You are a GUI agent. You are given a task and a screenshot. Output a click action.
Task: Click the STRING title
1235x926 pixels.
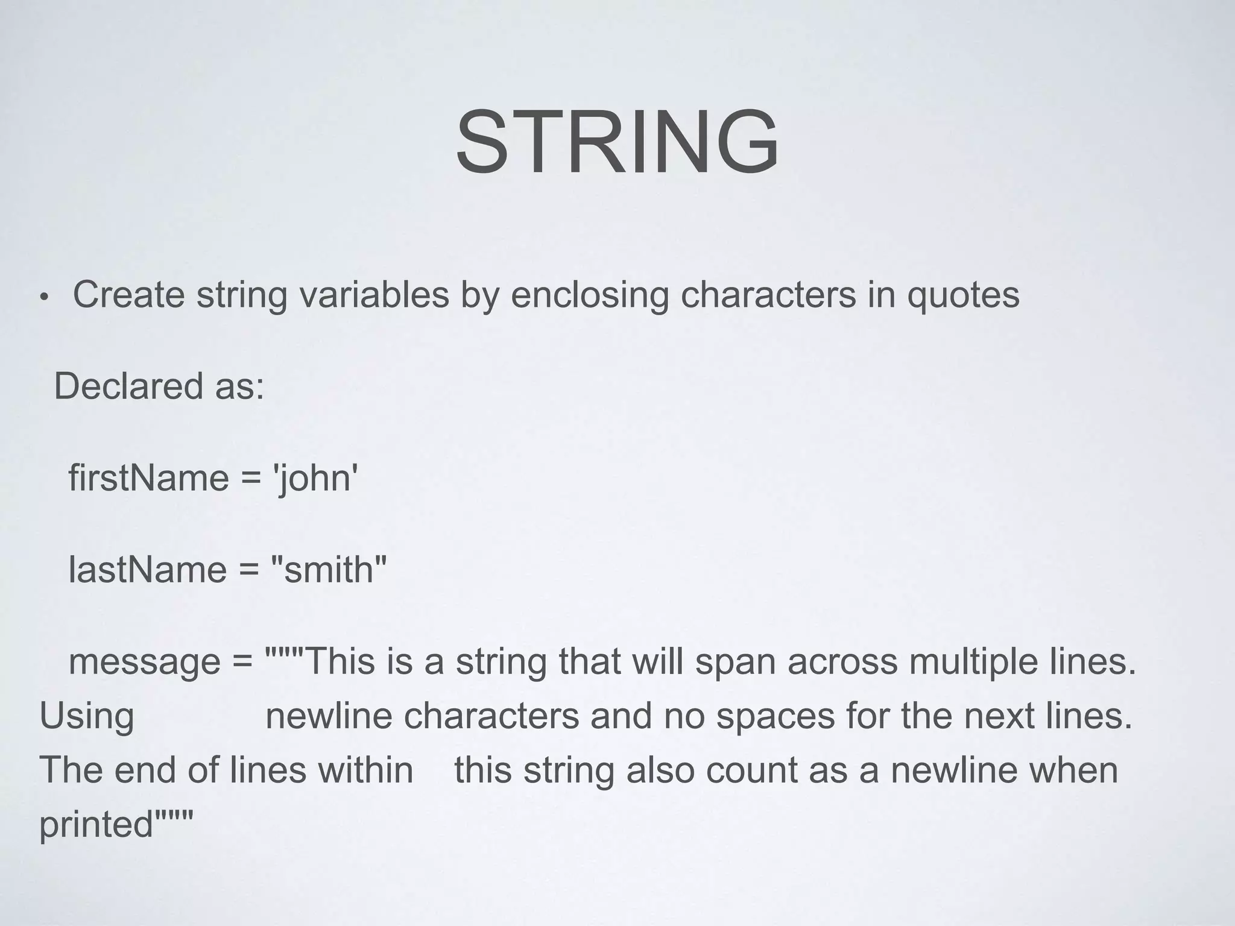click(x=617, y=142)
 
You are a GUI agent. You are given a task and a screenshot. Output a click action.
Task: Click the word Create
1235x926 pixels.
click(x=128, y=295)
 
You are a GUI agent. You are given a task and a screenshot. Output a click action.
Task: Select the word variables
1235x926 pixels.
click(x=374, y=295)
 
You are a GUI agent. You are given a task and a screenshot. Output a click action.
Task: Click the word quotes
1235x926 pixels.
click(x=963, y=296)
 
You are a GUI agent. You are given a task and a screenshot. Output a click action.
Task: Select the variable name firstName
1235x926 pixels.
click(x=148, y=478)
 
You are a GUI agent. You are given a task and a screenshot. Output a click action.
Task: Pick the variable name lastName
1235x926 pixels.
click(x=147, y=570)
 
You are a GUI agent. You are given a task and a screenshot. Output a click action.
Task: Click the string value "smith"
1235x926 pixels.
click(x=329, y=570)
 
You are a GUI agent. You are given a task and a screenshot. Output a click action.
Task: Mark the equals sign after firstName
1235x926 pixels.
click(x=251, y=479)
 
